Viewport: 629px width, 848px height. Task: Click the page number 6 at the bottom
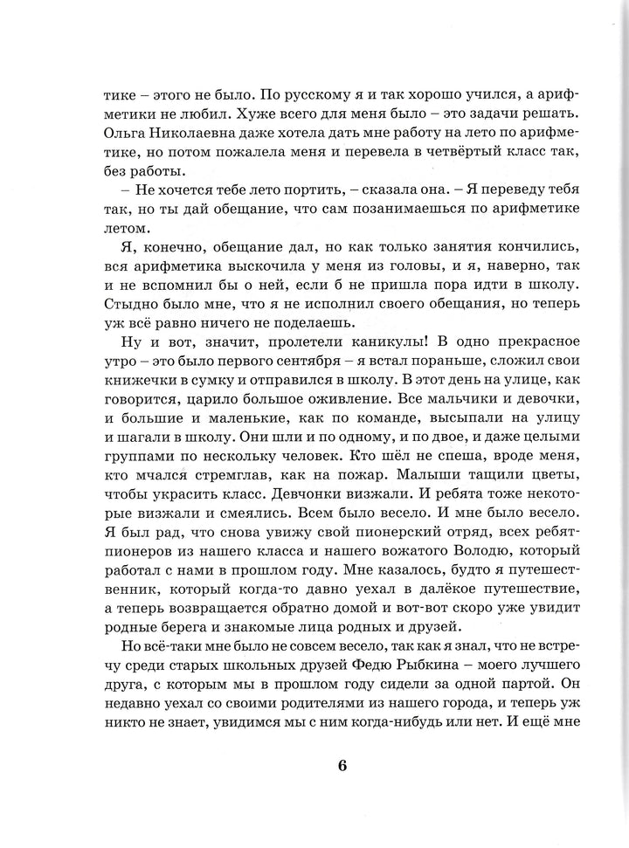[x=342, y=766]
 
